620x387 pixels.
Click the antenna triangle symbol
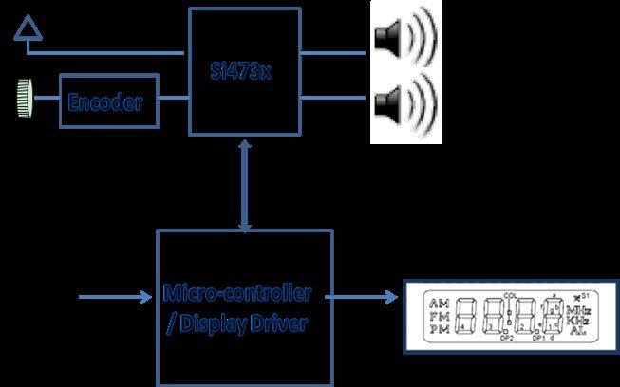[28, 34]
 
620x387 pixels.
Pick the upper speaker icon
[405, 38]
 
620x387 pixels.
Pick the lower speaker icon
[405, 101]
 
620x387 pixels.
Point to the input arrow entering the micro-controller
[115, 301]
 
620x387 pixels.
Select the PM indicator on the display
[439, 329]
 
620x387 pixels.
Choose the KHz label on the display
[574, 322]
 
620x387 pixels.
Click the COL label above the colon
[512, 293]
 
